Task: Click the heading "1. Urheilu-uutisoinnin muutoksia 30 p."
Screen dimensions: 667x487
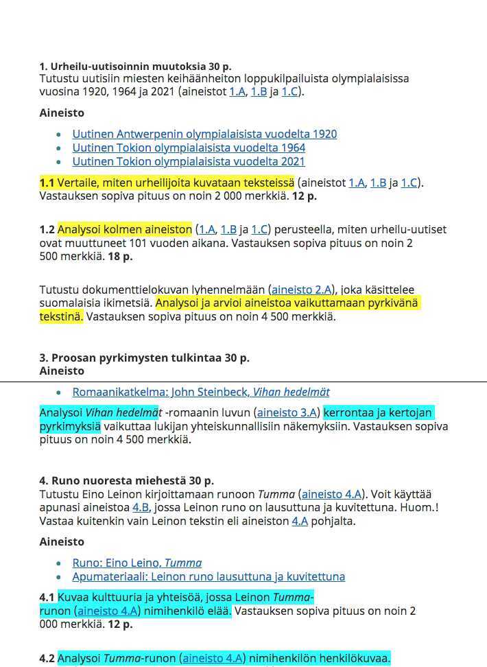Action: [x=135, y=67]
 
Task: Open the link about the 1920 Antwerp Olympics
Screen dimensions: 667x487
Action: [x=204, y=134]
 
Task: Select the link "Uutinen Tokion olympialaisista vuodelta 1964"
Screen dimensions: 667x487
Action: [x=189, y=148]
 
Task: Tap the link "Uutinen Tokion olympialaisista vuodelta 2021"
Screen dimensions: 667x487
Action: [x=189, y=161]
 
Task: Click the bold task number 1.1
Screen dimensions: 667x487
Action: [x=47, y=183]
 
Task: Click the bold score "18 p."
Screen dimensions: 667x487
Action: [x=118, y=256]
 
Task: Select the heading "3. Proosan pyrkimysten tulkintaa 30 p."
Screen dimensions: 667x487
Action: [x=144, y=358]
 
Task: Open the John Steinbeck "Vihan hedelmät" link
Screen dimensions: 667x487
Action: [x=201, y=392]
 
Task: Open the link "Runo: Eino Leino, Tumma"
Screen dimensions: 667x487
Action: [x=137, y=563]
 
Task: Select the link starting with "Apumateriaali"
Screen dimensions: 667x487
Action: [x=209, y=576]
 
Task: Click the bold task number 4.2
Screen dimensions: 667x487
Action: [x=47, y=659]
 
